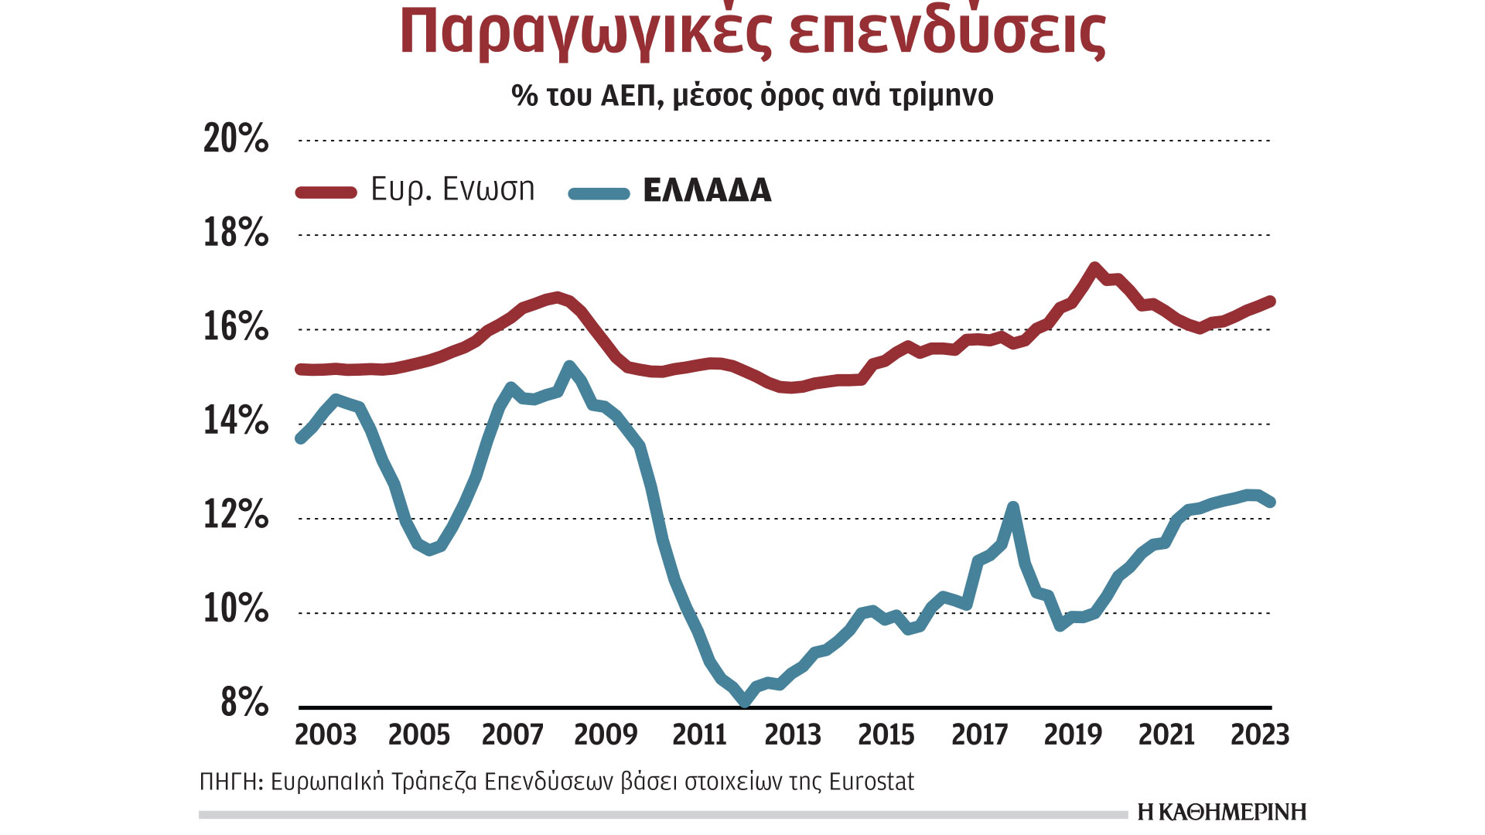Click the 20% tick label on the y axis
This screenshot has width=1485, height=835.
pos(236,139)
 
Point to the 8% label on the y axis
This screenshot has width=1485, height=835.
pos(244,703)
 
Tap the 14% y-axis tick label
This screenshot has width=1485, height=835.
pos(236,421)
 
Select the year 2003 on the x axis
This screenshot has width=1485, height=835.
pos(326,734)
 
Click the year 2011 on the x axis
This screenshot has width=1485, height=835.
pos(699,734)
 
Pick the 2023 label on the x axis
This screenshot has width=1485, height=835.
pos(1260,734)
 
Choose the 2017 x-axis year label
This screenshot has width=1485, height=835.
pos(979,734)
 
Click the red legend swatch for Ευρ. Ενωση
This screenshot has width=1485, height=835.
pos(326,193)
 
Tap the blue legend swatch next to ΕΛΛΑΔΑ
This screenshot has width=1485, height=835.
pos(599,193)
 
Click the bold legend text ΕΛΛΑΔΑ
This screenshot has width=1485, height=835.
pos(707,191)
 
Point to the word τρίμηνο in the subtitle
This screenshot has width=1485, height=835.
pos(941,95)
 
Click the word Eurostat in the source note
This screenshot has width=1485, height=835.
pos(871,782)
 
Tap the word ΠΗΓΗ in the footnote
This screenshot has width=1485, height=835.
pos(229,782)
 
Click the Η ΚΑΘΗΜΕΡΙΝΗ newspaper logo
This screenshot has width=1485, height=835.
pos(1222,812)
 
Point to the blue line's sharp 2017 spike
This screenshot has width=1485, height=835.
pos(1013,507)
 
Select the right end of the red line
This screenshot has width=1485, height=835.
pos(1271,301)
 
